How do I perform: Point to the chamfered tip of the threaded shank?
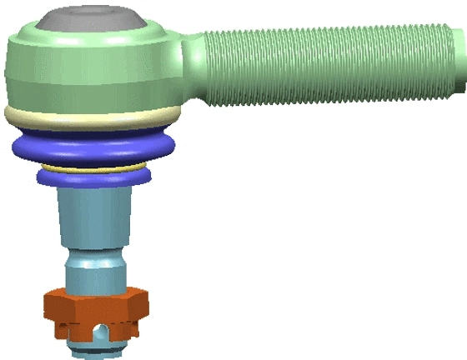[x=460, y=62]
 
